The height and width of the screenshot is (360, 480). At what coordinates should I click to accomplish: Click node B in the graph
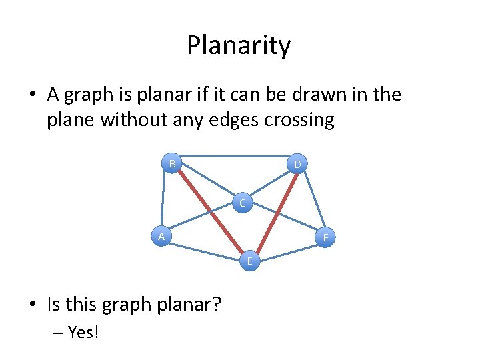[x=172, y=163]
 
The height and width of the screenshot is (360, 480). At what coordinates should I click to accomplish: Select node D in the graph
[x=297, y=164]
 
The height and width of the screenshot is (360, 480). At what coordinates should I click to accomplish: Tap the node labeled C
[x=243, y=203]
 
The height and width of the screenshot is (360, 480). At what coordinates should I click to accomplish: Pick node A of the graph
[x=160, y=236]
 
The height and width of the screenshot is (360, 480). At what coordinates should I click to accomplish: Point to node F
[x=325, y=237]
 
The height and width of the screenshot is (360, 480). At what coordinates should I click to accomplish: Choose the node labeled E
[x=250, y=261]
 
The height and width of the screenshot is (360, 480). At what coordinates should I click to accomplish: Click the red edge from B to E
[x=211, y=211]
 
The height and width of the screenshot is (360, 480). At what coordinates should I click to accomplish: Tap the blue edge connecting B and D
[x=235, y=157]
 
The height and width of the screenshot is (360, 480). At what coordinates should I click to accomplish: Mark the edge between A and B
[x=163, y=200]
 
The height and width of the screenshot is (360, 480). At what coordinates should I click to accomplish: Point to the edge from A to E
[x=205, y=249]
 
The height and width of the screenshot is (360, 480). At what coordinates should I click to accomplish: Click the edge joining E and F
[x=287, y=249]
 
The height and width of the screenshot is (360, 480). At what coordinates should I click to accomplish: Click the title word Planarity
[x=239, y=46]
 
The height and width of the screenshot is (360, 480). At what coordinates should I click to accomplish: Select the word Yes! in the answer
[x=83, y=331]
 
